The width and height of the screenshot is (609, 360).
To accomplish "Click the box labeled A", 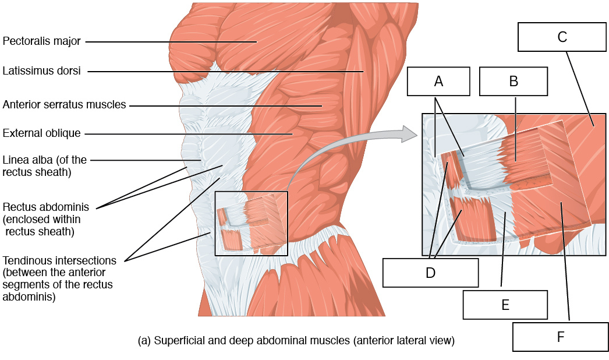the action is pos(438,81).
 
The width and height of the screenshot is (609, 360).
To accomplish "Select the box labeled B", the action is pos(514,81).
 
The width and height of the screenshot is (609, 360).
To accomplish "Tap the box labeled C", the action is pos(562,37).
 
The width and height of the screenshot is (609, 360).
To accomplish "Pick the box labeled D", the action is pos(430,273).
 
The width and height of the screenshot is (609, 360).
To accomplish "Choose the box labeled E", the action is pos(505,305).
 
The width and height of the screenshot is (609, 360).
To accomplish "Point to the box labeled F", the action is pos(561,337).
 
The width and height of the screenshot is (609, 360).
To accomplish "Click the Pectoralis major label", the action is pos(41,41).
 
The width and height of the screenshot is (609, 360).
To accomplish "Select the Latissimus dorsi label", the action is pos(41,70).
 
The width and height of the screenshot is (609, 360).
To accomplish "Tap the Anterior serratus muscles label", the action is pos(64,105).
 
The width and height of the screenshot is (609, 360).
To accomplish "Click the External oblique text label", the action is pos(41,133).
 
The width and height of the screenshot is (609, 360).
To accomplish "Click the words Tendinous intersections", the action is pos(59,260).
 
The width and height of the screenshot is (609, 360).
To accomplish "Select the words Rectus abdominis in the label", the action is pos(46,207).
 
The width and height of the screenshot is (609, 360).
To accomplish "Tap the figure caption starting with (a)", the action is pos(296,341).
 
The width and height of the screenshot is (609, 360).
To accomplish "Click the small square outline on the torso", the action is pos(215,224).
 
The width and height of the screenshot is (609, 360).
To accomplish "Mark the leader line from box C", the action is pos(580,89).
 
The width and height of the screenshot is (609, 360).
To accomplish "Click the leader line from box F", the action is pos(565,261).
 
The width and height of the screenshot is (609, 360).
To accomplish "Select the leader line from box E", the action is pos(503,249).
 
